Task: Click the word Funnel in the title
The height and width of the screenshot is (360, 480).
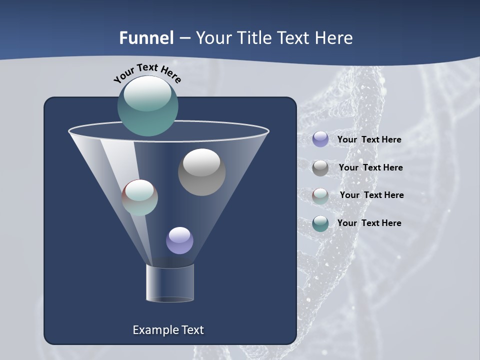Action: coord(146,38)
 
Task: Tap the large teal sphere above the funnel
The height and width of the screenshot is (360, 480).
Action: coord(147,105)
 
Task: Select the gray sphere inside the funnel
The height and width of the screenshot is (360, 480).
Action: coord(201,172)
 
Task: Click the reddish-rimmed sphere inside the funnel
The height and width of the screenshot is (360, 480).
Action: coord(139,197)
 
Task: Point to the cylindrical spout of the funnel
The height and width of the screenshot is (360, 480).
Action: coord(169,283)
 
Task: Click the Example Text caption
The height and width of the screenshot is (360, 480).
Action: coord(168,330)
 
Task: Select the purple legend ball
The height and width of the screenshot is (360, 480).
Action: coord(320,139)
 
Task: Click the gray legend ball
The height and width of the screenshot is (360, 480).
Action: coord(320,167)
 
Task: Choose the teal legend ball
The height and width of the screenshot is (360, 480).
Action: coord(320,223)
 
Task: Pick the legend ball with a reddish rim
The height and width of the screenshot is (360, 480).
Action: coord(320,195)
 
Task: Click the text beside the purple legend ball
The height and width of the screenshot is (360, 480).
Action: coord(369,139)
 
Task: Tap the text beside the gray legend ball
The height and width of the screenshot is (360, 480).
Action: coord(370,167)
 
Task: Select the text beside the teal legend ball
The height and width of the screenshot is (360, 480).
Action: coord(369,223)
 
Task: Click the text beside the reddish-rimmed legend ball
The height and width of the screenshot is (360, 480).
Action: coord(371,195)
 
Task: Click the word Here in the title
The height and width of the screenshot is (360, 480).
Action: coord(335,38)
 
